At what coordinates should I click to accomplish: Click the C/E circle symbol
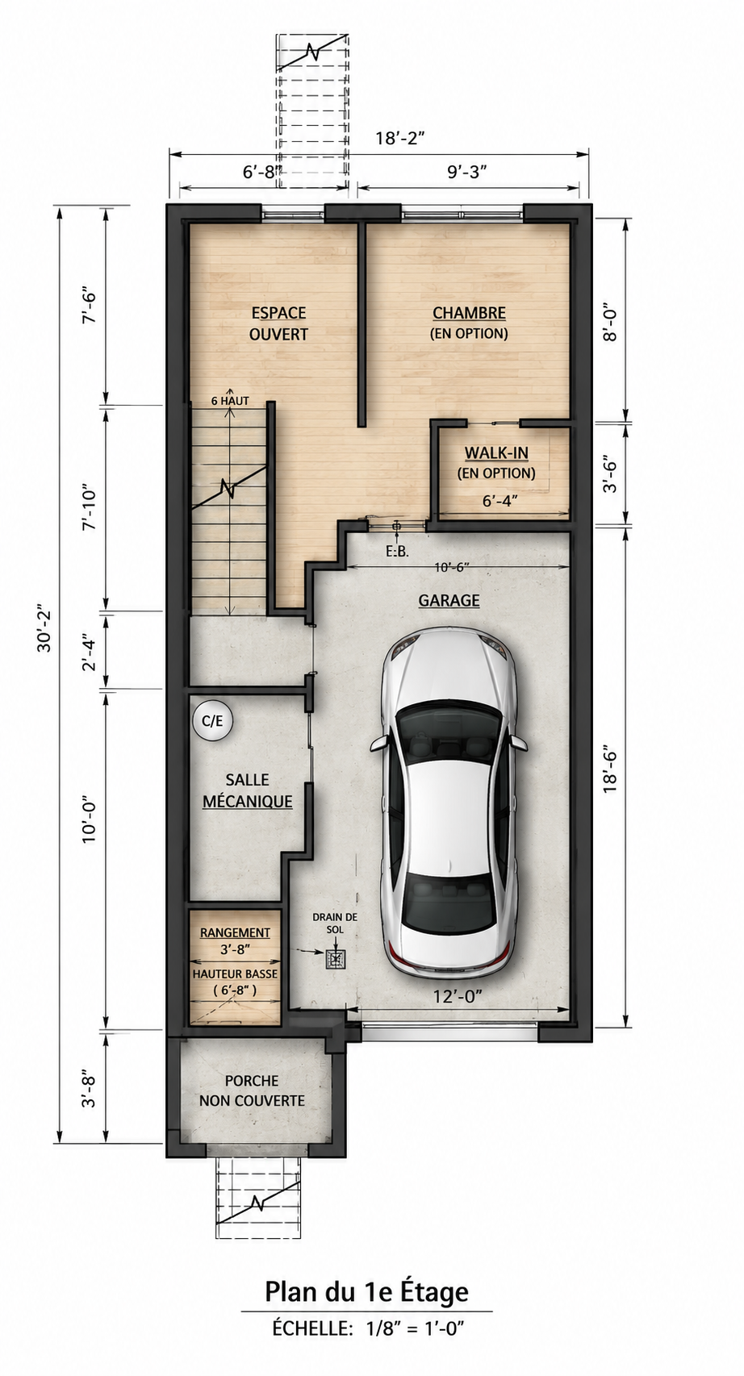pyautogui.click(x=212, y=720)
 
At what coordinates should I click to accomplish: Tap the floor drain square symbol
pyautogui.click(x=336, y=960)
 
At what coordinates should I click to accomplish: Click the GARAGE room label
pyautogui.click(x=449, y=600)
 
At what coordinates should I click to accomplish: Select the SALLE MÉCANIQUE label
pyautogui.click(x=247, y=790)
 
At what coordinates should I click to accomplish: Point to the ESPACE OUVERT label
pyautogui.click(x=278, y=323)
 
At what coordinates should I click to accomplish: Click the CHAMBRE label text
pyautogui.click(x=469, y=313)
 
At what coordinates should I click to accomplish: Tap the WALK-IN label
pyautogui.click(x=495, y=452)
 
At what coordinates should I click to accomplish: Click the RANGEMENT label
pyautogui.click(x=235, y=932)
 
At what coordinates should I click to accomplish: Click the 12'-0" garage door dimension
pyautogui.click(x=457, y=996)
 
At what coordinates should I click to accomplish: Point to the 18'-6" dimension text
pyautogui.click(x=609, y=772)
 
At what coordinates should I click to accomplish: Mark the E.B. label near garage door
pyautogui.click(x=397, y=552)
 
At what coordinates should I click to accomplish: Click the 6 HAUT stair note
pyautogui.click(x=230, y=401)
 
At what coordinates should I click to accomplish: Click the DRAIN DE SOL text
pyautogui.click(x=335, y=924)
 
